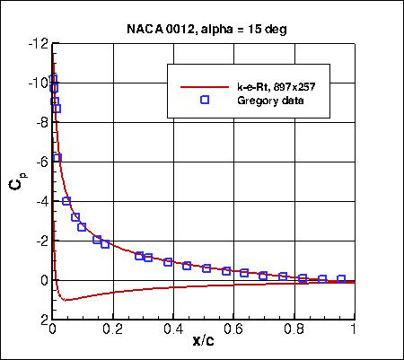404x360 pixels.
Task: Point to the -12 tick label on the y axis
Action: [37, 43]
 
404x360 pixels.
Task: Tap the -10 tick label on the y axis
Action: [37, 83]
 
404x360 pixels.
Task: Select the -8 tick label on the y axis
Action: [40, 122]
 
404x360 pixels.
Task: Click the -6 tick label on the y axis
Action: [40, 162]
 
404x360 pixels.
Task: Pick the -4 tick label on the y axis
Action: [40, 201]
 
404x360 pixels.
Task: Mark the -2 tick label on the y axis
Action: [40, 241]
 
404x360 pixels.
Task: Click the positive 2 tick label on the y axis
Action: [42, 320]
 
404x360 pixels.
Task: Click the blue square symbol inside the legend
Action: [204, 101]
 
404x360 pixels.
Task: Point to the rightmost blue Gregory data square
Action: [341, 279]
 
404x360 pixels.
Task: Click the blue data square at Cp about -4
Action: [66, 201]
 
